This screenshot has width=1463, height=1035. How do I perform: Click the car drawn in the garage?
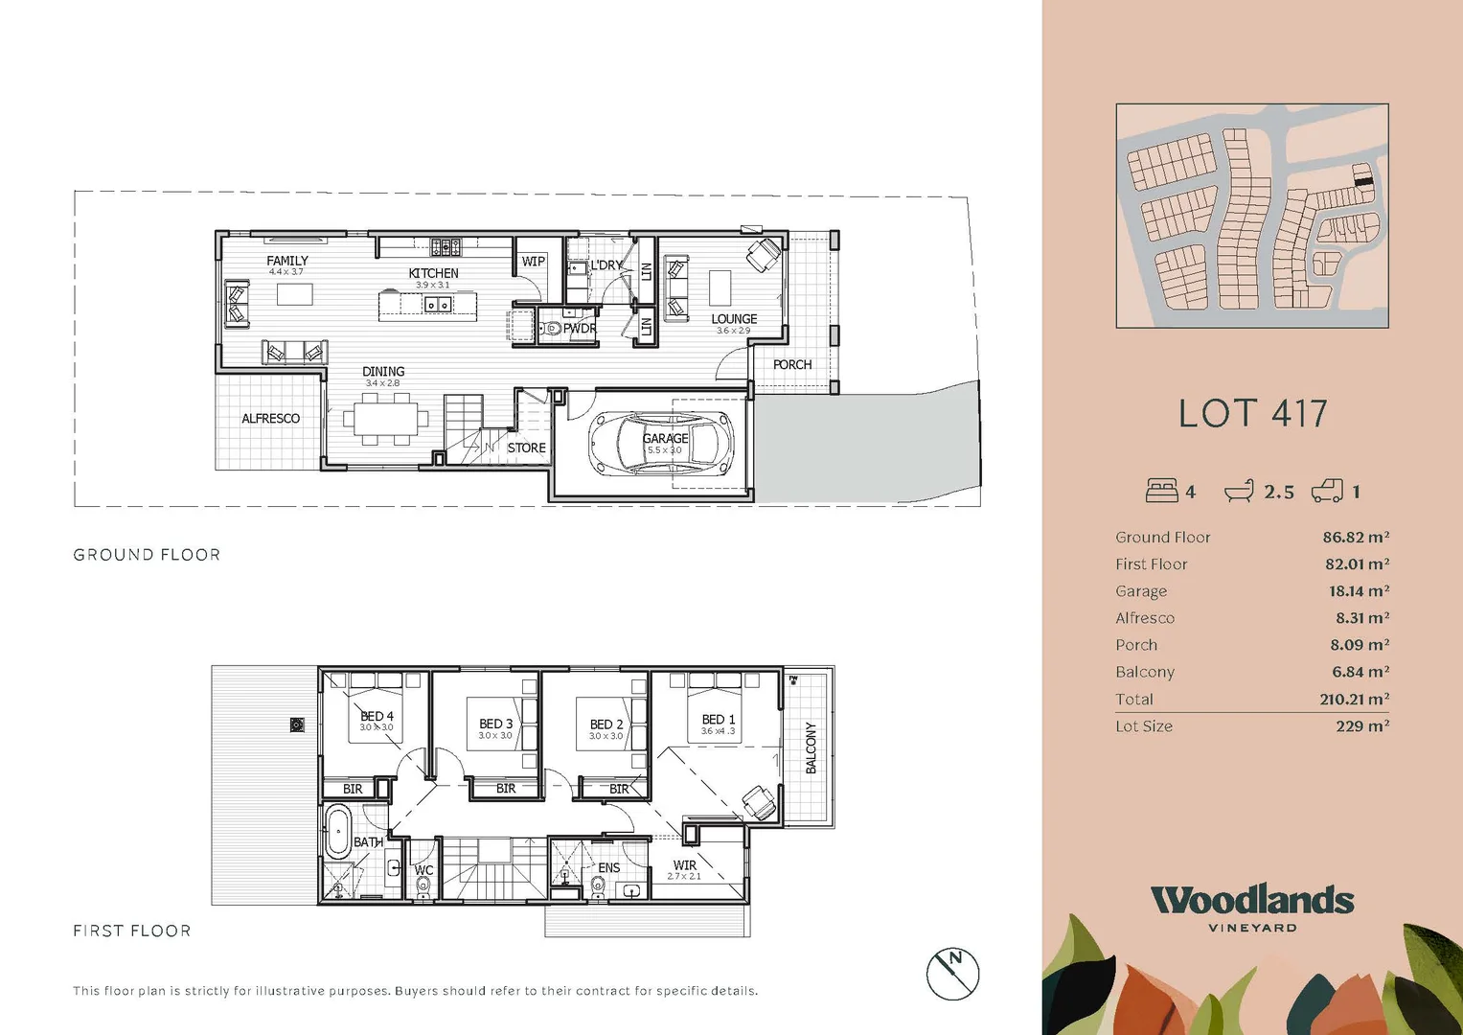660,443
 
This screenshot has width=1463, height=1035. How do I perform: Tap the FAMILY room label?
286,261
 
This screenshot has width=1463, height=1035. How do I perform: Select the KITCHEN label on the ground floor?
433,273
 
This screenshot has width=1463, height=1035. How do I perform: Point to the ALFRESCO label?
270,419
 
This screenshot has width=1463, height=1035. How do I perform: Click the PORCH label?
791,365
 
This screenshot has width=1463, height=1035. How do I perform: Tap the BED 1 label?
719,720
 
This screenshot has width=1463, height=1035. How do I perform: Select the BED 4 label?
377,716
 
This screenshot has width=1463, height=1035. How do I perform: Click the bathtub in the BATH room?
337,830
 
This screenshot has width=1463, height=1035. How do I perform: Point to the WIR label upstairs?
684,864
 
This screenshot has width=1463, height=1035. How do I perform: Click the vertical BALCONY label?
811,747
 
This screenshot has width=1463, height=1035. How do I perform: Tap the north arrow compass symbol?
952,973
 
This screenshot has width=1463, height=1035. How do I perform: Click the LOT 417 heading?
1252,414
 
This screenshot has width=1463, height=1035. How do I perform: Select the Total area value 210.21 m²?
1354,700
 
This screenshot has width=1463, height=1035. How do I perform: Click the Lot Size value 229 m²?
1361,726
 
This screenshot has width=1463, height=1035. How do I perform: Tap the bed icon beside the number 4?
1161,491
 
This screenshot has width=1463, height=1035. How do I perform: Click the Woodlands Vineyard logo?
1252,907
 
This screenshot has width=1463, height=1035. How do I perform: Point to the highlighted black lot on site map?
1361,177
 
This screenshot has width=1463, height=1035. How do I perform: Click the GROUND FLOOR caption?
147,555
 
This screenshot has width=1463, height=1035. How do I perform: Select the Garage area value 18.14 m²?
1359,591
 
